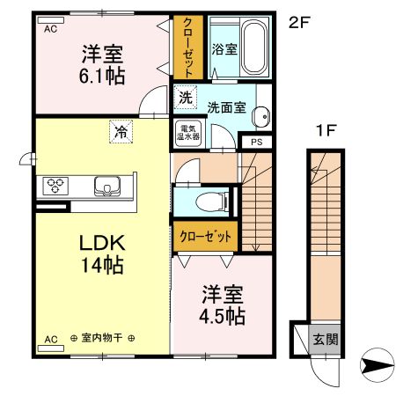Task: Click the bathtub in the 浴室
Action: [255, 48]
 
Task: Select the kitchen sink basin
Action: [107, 186]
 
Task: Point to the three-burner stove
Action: [55, 186]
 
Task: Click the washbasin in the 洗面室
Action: [261, 117]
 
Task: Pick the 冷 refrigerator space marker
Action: [121, 132]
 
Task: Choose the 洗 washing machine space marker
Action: [185, 97]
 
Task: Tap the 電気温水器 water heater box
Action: [188, 134]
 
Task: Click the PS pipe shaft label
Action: [257, 143]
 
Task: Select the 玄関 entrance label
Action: [326, 340]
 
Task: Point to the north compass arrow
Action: [378, 365]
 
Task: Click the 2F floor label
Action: [299, 23]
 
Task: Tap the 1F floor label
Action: [326, 130]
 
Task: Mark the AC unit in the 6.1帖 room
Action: [51, 20]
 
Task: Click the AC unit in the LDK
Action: [51, 348]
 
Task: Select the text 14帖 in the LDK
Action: [102, 265]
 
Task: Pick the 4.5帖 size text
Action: [222, 316]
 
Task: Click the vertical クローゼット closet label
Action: [188, 48]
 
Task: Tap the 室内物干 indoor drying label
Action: [102, 338]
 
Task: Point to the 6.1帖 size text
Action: [102, 77]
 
